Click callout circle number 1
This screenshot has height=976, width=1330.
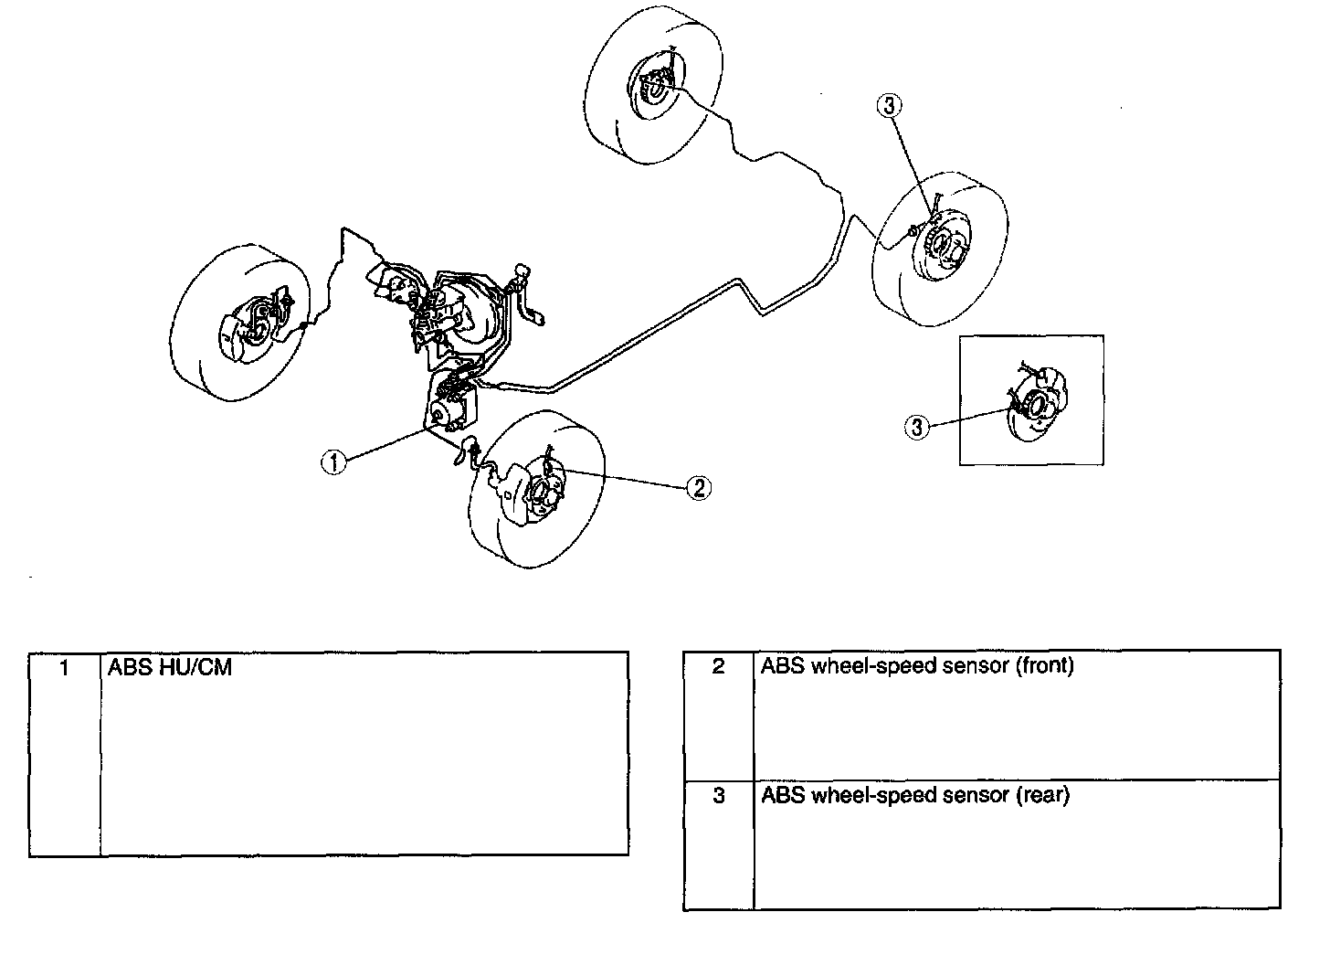click(x=335, y=462)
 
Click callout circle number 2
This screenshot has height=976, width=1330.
click(x=698, y=488)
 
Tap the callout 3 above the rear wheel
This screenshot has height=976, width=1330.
click(x=890, y=106)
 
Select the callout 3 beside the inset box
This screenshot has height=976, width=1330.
click(x=917, y=426)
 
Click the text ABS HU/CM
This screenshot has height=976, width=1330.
click(x=170, y=668)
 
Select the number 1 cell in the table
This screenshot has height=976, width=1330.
click(x=64, y=668)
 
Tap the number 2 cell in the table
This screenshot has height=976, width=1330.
click(x=718, y=666)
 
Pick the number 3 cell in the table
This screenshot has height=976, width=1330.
click(x=718, y=796)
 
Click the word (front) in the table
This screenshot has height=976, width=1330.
click(x=1044, y=666)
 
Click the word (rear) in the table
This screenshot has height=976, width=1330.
click(x=1042, y=796)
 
